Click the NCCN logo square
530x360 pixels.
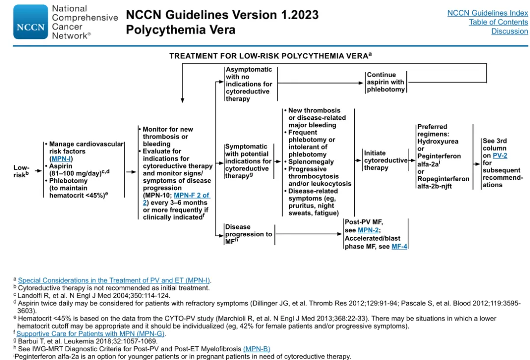pyautogui.click(x=30, y=22)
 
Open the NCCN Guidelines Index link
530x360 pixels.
pyautogui.click(x=487, y=13)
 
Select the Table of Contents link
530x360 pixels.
pyautogui.click(x=498, y=22)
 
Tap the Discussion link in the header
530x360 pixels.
pyautogui.click(x=509, y=31)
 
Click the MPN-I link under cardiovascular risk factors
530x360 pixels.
pyautogui.click(x=61, y=159)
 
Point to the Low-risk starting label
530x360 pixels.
pyautogui.click(x=21, y=171)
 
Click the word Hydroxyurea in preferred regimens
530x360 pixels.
pyautogui.click(x=438, y=141)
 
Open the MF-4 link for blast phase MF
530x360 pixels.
pyautogui.click(x=399, y=246)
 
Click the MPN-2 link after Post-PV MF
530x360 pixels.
pyautogui.click(x=369, y=230)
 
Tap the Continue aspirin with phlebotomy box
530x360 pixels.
pyautogui.click(x=386, y=82)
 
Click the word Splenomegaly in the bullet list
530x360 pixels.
pyautogui.click(x=311, y=162)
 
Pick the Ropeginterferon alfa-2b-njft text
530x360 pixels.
pyautogui.click(x=443, y=182)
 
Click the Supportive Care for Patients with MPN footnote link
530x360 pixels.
pyautogui.click(x=91, y=334)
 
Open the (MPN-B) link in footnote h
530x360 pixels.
pyautogui.click(x=256, y=349)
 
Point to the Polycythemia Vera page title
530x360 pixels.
pyautogui.click(x=181, y=30)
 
